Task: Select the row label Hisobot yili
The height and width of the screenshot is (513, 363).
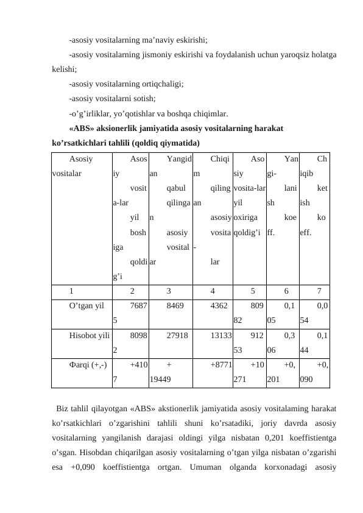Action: pos(89,334)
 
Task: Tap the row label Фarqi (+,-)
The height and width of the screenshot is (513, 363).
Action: pos(89,364)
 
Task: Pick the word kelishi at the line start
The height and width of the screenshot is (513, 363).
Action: pos(63,70)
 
